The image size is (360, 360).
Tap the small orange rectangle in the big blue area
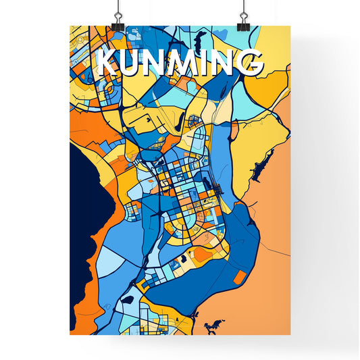240,276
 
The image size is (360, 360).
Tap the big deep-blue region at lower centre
203,284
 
